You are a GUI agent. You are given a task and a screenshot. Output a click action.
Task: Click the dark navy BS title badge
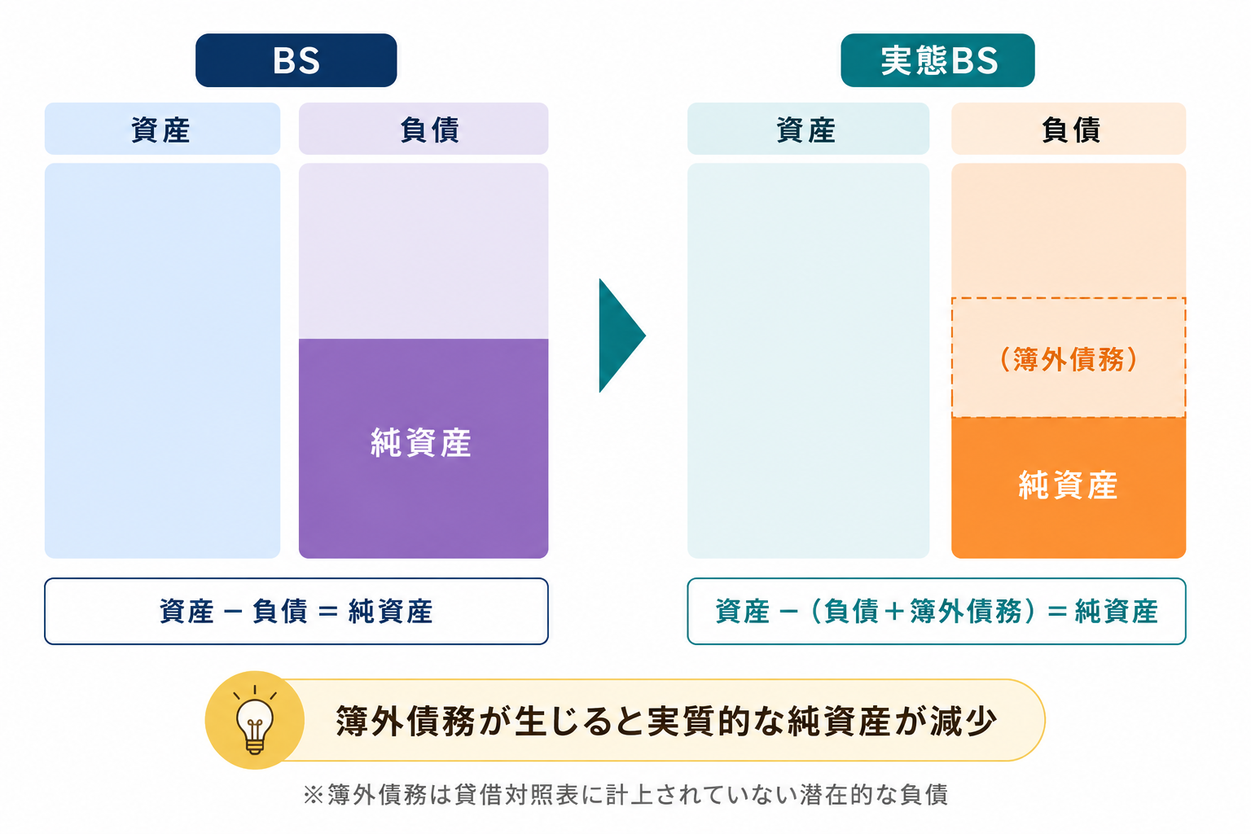pos(296,60)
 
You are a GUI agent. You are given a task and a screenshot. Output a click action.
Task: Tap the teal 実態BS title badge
pos(937,60)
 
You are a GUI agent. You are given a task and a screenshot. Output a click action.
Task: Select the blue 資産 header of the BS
pos(163,129)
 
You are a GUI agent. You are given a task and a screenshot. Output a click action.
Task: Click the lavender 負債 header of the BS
pos(424,129)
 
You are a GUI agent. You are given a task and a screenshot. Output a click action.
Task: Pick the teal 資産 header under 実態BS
pos(808,129)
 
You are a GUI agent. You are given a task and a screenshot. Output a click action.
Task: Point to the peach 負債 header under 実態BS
pos(1069,129)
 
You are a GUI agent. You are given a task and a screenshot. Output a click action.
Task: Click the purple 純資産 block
pos(424,449)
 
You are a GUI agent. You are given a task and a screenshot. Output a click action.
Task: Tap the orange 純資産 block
pos(1069,488)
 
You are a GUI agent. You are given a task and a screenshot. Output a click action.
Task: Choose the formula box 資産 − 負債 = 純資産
pos(296,611)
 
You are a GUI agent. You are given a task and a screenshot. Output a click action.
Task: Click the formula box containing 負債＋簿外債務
pos(937,611)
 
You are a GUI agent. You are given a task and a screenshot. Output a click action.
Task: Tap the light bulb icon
pos(255,720)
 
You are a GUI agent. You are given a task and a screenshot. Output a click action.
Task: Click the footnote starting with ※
pos(625,794)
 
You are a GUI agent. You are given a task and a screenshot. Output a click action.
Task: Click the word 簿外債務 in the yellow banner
pos(405,721)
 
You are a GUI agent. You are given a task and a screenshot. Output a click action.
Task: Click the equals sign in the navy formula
pos(328,611)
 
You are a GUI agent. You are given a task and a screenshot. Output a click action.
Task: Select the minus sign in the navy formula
pos(233,611)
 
